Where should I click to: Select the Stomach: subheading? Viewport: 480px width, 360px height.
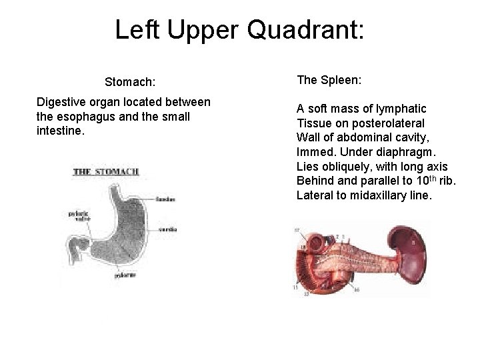pyautogui.click(x=130, y=83)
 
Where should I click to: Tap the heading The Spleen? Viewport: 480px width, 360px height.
pyautogui.click(x=329, y=80)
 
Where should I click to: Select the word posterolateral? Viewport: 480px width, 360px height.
pyautogui.click(x=387, y=123)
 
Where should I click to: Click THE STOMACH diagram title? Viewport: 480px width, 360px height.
pyautogui.click(x=107, y=171)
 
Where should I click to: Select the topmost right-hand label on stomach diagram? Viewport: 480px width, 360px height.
pyautogui.click(x=166, y=199)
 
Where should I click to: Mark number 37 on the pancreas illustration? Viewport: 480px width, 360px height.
pyautogui.click(x=298, y=230)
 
